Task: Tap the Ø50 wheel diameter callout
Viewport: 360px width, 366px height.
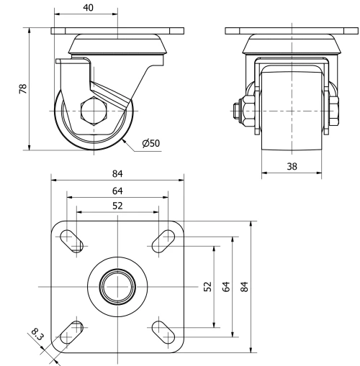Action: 151,143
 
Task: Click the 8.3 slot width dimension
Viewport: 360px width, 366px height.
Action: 37,334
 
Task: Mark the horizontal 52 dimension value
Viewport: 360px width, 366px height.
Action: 117,206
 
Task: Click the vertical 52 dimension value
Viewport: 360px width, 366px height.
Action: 206,287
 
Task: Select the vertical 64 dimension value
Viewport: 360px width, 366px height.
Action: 225,287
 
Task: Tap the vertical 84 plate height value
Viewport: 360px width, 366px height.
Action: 245,287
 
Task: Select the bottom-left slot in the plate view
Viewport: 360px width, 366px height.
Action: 71,333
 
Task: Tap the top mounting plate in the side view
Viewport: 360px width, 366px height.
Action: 117,32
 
